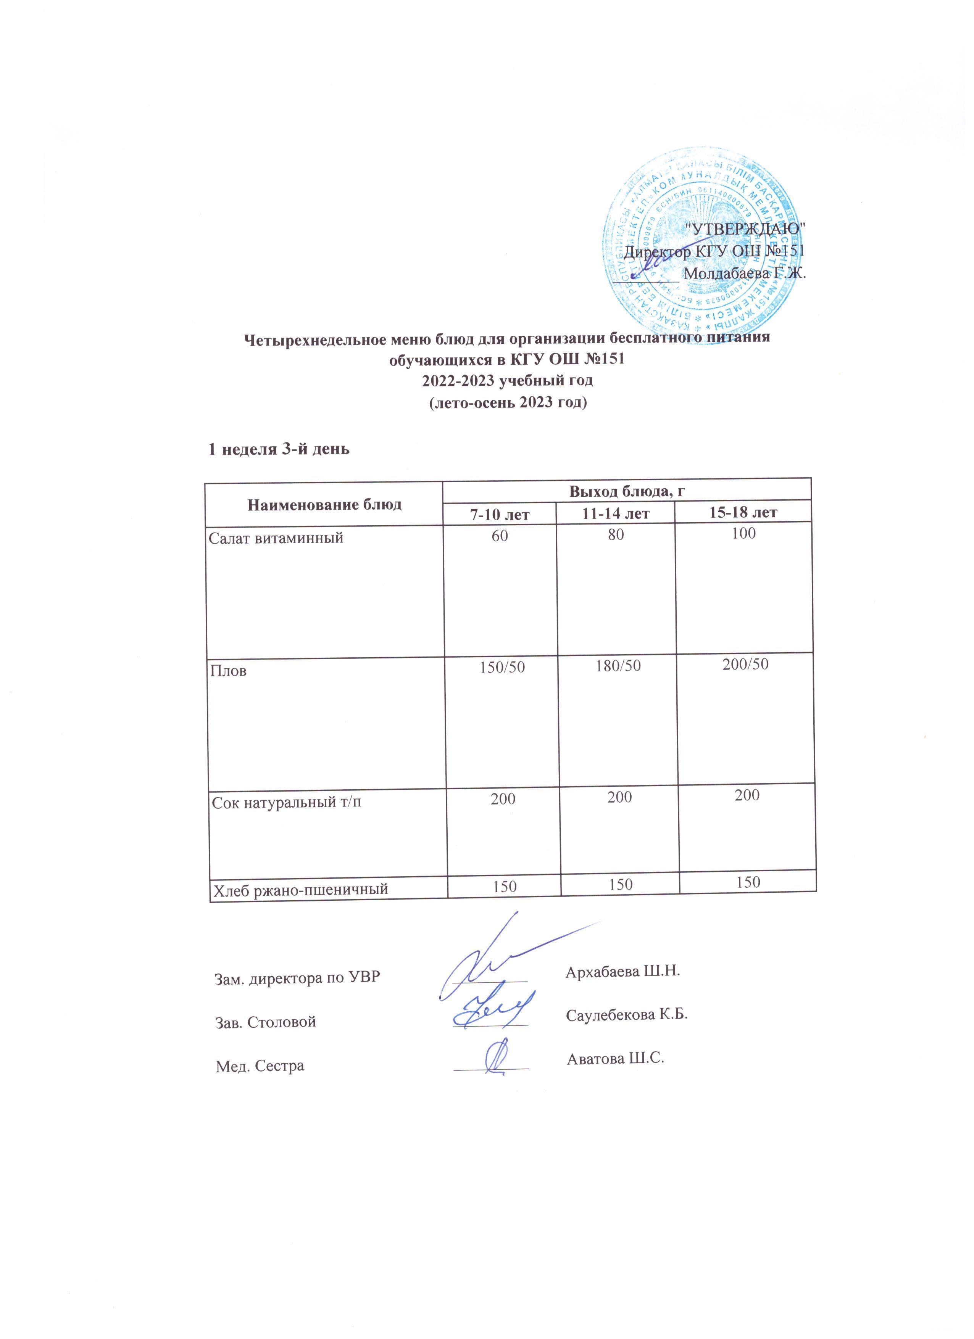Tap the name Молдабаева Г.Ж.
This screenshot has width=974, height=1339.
744,274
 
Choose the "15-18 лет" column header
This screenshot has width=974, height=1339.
743,512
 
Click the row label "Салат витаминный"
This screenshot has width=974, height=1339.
276,538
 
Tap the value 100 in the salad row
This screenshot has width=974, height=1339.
743,533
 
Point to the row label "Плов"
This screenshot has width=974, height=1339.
229,671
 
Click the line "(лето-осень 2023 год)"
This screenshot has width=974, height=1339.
507,404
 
